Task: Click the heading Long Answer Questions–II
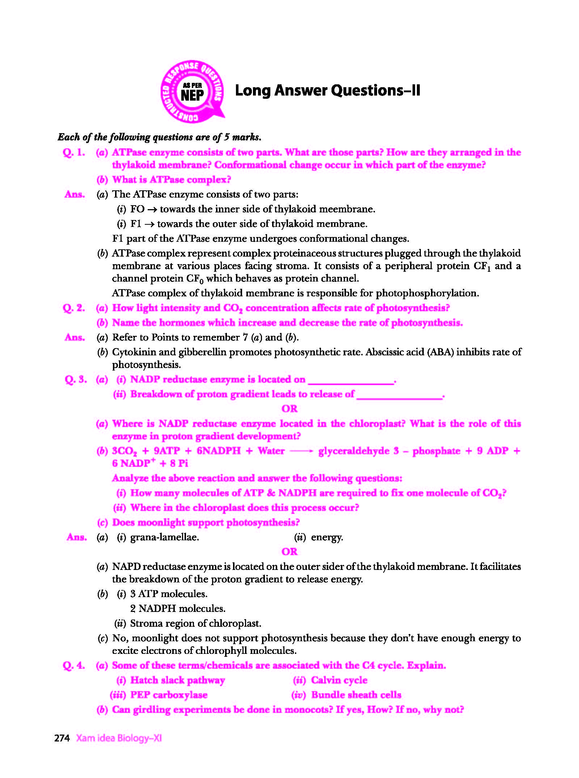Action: pos(327,90)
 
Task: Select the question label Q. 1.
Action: pos(74,152)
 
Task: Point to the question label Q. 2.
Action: pos(74,308)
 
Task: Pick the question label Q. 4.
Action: pos(74,665)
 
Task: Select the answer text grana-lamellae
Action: pos(164,537)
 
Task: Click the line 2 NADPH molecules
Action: pos(178,609)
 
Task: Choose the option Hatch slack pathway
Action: pos(177,680)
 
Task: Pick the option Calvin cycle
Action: pos(339,680)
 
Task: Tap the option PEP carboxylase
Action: pos(169,695)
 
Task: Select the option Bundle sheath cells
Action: pos(356,695)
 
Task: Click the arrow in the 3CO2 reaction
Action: pos(301,451)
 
